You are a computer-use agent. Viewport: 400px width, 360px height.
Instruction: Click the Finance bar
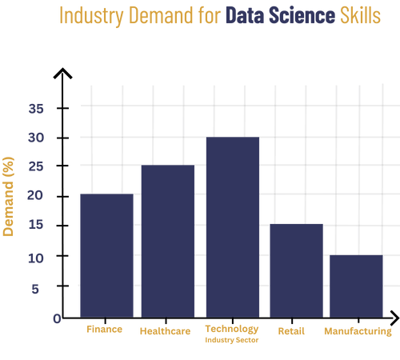(106, 254)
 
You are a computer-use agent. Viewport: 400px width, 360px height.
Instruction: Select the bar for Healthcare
(167, 239)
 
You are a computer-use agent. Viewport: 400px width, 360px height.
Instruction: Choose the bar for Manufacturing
(356, 284)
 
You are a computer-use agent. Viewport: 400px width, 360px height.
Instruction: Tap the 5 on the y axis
(34, 288)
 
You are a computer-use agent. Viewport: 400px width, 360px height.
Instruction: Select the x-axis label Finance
(104, 329)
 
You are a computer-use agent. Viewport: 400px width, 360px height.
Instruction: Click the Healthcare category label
(165, 330)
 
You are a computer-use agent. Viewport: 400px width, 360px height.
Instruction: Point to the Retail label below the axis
(290, 330)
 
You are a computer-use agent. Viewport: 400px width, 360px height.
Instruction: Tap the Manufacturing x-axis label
(358, 330)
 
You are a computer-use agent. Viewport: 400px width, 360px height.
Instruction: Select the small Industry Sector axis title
(232, 340)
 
